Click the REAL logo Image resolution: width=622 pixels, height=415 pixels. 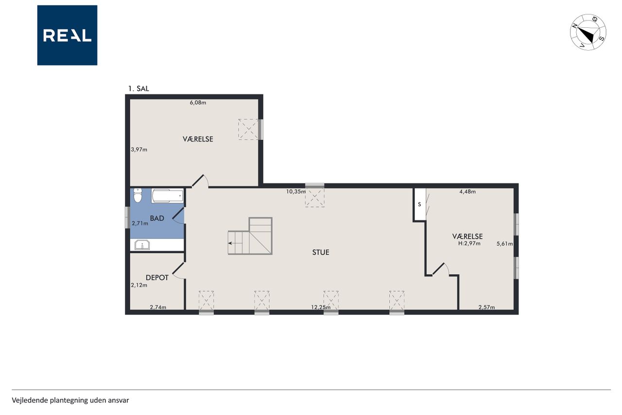tap(67, 36)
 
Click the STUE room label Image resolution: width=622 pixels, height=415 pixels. tap(321, 253)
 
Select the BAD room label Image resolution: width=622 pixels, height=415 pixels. tap(157, 218)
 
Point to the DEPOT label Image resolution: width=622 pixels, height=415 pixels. tap(157, 278)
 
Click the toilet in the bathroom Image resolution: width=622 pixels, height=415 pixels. tap(138, 195)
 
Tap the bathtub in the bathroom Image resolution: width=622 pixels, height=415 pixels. tap(168, 196)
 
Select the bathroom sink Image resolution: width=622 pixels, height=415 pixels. tap(142, 245)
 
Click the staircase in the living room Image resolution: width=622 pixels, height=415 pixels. tap(250, 236)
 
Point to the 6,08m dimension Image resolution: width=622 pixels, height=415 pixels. tap(198, 103)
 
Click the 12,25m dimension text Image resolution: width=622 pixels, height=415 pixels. tap(321, 307)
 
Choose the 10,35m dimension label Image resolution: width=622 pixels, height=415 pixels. tap(296, 192)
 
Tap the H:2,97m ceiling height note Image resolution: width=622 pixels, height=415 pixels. tap(469, 243)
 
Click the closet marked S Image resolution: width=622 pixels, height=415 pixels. tap(419, 205)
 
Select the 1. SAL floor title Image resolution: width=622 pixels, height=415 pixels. tap(138, 89)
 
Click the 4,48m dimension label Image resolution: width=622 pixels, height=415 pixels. tap(467, 192)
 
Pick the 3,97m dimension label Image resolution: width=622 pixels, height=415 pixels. tap(139, 149)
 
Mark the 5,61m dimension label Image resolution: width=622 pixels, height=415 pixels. tap(504, 244)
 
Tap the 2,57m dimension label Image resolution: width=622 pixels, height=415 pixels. tap(487, 307)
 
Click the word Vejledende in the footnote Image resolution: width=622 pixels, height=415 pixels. tap(30, 400)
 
